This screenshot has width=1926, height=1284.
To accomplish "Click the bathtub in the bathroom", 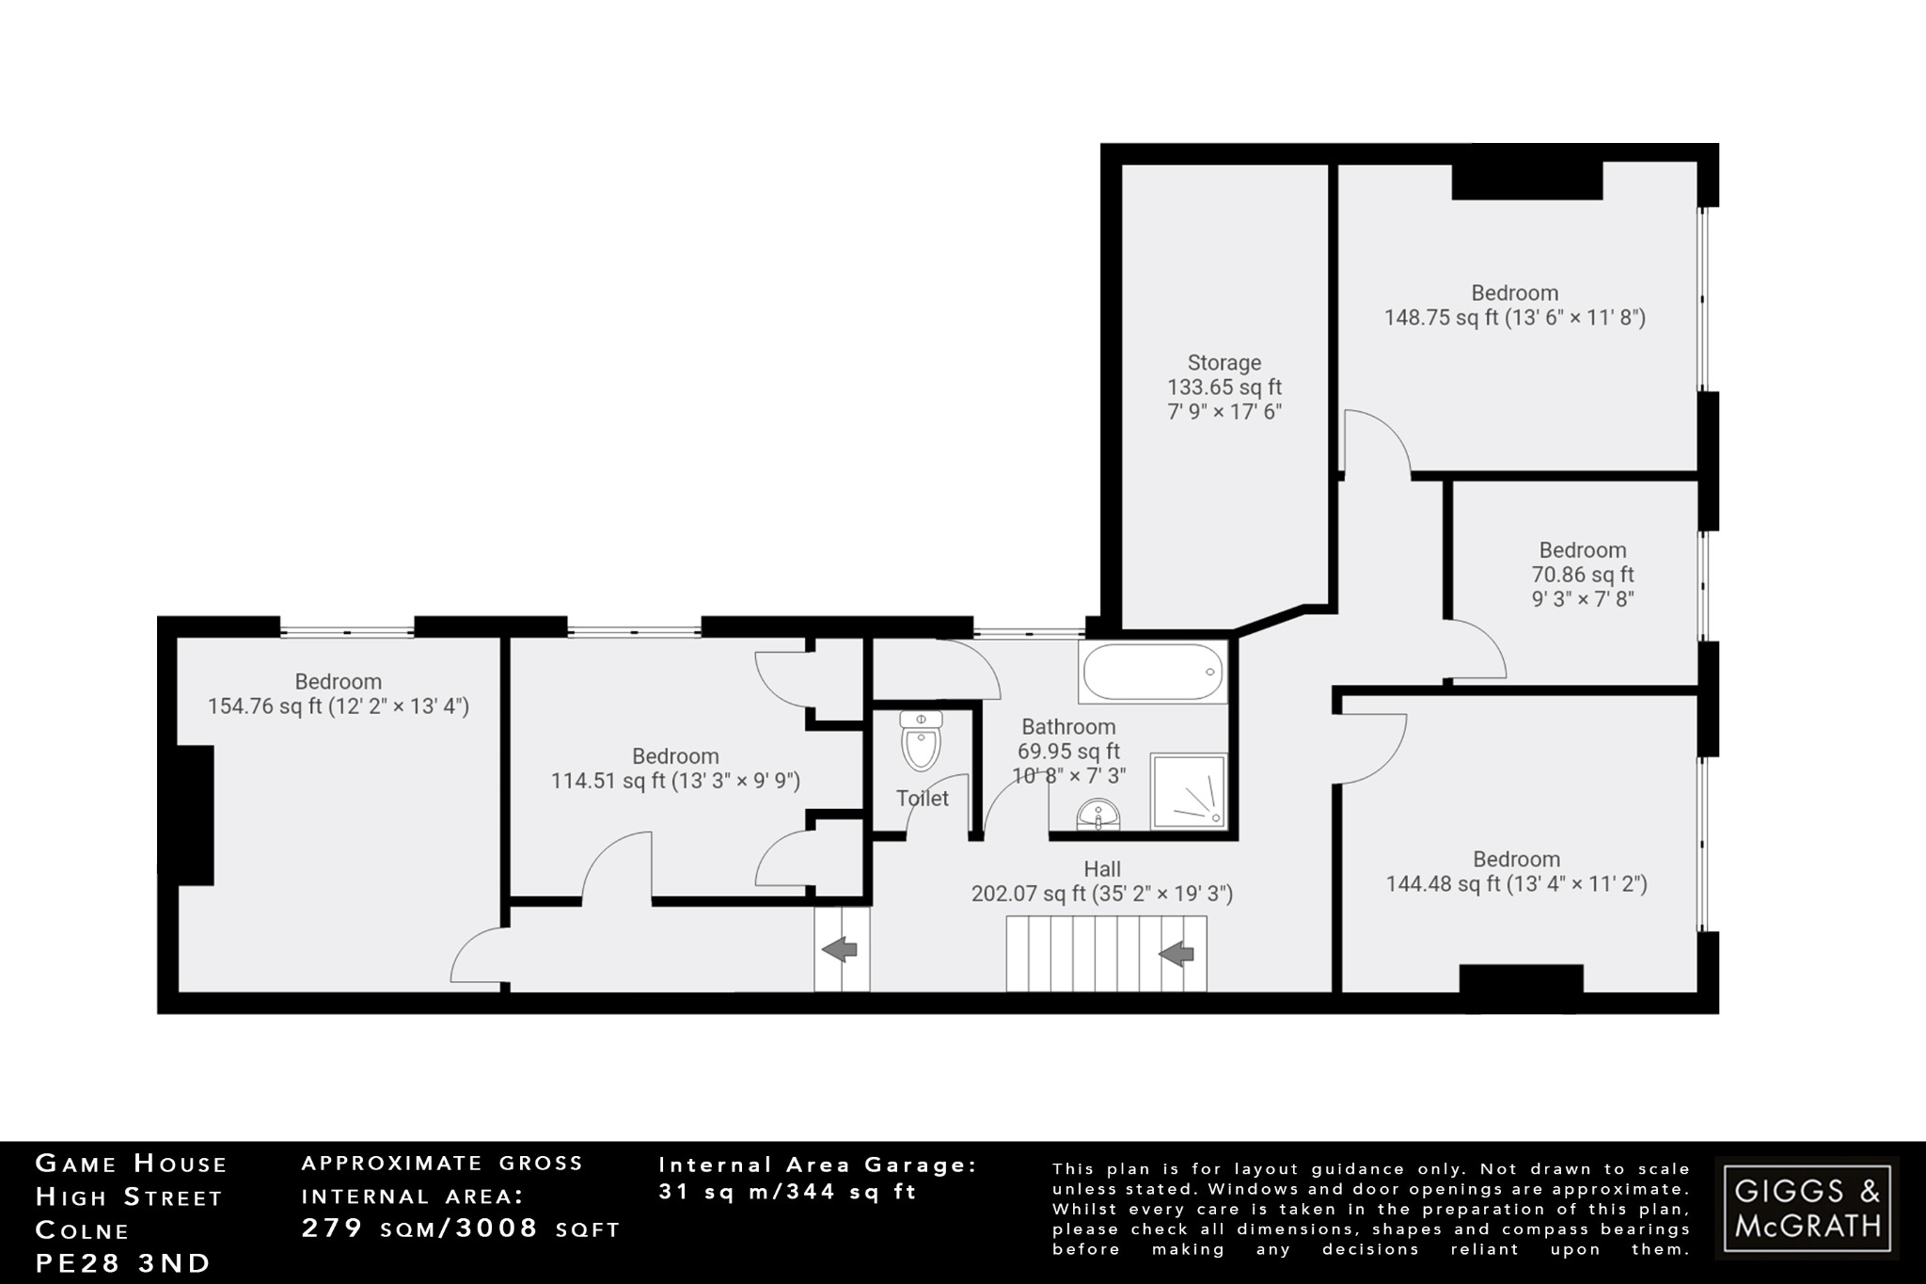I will point(1153,672).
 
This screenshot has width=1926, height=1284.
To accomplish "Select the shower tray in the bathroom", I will point(1189,791).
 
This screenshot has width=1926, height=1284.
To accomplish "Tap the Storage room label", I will point(1223,387).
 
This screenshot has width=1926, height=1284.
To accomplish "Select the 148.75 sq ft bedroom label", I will point(1514,306).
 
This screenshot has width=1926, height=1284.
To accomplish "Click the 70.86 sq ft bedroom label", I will point(1583,574).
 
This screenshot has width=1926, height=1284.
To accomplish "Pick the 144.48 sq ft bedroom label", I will point(1516,872).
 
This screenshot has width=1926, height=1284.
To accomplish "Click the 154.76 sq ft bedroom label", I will point(338,694).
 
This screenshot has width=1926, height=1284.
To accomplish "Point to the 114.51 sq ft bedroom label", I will point(675,769).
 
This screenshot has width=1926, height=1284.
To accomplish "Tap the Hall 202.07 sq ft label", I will point(1101,881).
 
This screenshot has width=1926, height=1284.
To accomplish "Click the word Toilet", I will point(922,799).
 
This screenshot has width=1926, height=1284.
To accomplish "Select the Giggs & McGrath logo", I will point(1807,1208).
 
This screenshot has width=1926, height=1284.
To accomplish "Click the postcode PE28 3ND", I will point(123,1262).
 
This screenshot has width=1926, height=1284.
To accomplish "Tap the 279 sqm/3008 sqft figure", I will point(461,1229).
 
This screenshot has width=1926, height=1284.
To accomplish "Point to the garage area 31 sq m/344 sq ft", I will point(787,1192).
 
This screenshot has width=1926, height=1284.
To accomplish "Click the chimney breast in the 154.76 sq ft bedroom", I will point(195,814).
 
